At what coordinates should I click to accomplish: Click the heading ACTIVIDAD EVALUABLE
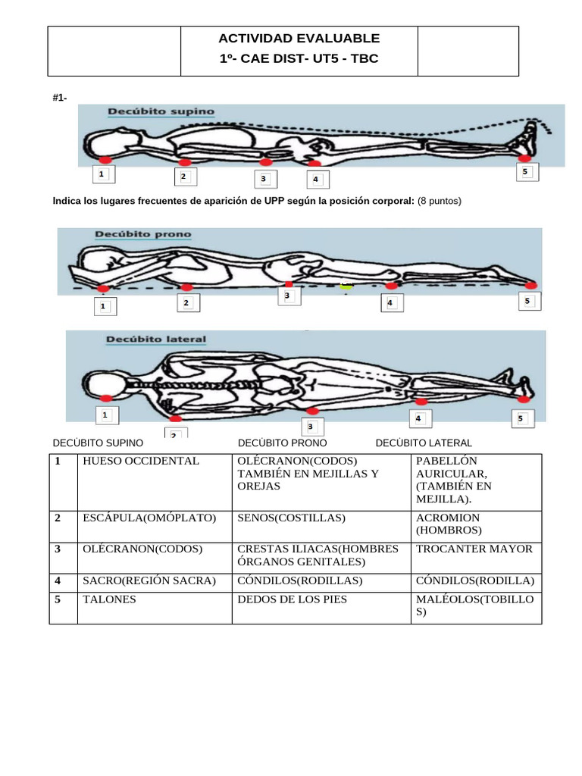click(x=299, y=39)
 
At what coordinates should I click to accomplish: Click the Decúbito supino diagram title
click(x=161, y=111)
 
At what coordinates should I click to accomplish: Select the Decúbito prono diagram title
click(x=142, y=235)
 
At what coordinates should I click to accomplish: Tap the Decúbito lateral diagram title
click(x=146, y=339)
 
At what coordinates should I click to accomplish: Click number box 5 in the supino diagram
click(x=525, y=173)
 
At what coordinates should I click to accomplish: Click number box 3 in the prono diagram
click(x=287, y=296)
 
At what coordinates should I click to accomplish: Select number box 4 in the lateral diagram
click(x=419, y=418)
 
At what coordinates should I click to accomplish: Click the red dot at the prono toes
click(x=530, y=285)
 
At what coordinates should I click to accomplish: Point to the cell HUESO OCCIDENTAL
click(x=141, y=461)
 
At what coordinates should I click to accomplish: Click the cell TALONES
click(x=109, y=599)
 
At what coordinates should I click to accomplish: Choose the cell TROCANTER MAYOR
click(x=474, y=549)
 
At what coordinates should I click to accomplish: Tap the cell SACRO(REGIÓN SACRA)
click(x=149, y=580)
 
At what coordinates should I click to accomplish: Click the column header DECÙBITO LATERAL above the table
click(x=424, y=443)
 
